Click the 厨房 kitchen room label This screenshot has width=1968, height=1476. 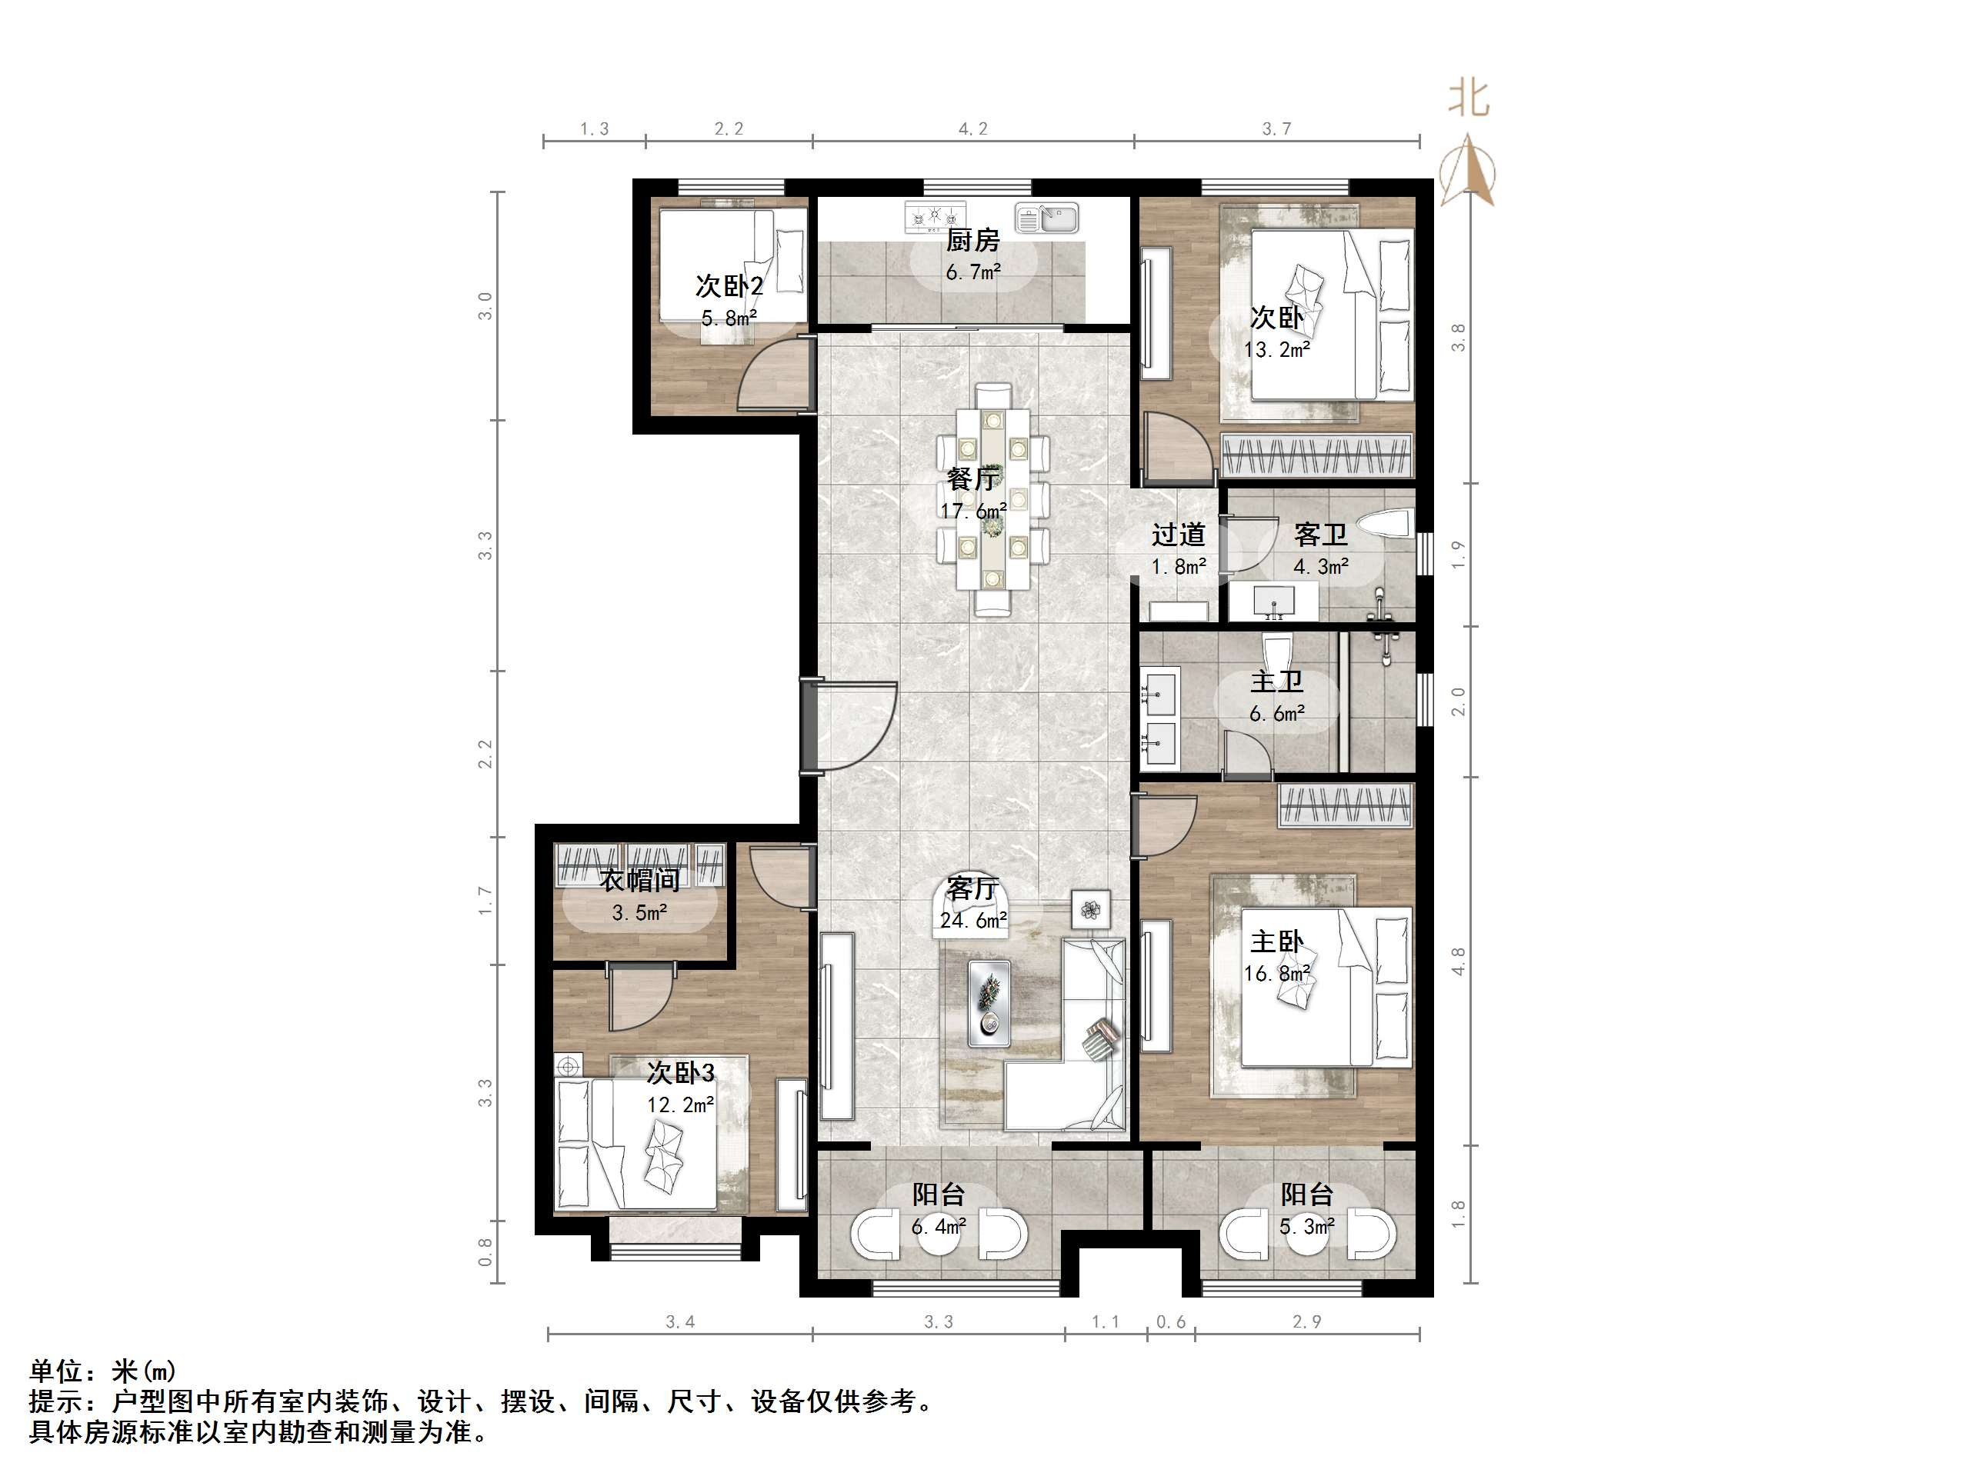click(x=972, y=240)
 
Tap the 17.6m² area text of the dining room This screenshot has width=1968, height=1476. click(x=973, y=511)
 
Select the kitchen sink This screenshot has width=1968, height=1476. click(x=1046, y=218)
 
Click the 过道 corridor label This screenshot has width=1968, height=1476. click(x=1178, y=535)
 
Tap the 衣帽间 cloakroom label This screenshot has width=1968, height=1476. click(x=639, y=881)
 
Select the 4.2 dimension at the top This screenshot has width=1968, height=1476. click(x=972, y=129)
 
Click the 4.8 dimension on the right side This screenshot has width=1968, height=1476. click(x=1458, y=961)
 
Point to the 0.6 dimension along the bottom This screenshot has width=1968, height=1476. click(x=1171, y=1322)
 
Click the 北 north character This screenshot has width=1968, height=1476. click(x=1469, y=98)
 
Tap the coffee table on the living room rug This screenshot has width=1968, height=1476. click(x=989, y=1001)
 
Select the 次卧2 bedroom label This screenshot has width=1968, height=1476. click(x=729, y=286)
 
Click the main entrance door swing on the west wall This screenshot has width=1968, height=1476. click(x=854, y=725)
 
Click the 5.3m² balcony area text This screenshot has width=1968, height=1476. click(x=1307, y=1227)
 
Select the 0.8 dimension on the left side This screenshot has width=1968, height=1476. click(x=485, y=1252)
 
